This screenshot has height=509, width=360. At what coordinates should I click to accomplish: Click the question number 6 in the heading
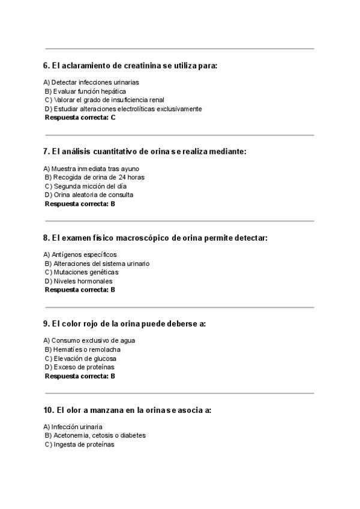click(46, 65)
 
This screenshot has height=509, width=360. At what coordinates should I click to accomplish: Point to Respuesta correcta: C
click(80, 118)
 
